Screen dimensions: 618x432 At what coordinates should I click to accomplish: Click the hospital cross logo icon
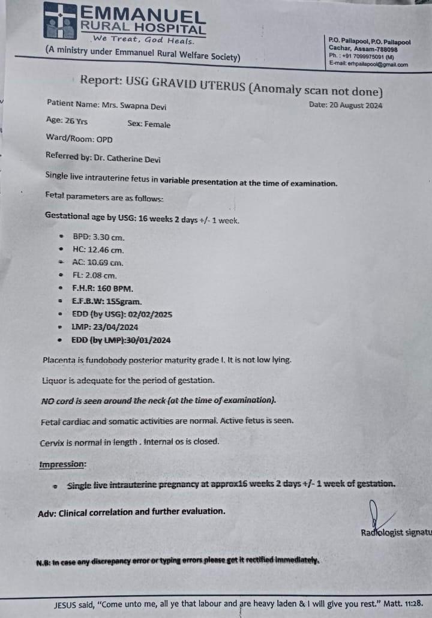coord(59,20)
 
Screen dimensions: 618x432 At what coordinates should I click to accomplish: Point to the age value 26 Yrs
coord(76,121)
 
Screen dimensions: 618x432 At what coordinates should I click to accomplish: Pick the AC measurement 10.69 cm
coord(106,263)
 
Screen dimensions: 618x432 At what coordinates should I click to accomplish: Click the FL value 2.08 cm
coord(102,275)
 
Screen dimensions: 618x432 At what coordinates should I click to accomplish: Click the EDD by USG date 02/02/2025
coord(151,314)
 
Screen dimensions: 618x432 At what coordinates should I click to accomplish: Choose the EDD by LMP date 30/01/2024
coord(147,340)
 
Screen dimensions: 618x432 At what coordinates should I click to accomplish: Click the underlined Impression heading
coord(62,464)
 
